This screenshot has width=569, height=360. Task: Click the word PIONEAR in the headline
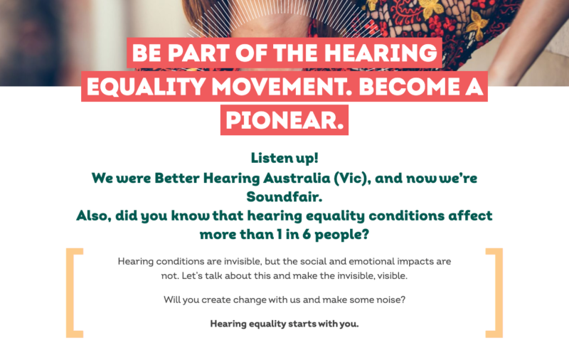tap(284, 120)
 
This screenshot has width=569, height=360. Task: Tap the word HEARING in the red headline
tap(381, 53)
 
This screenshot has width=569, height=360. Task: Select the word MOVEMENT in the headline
tap(282, 87)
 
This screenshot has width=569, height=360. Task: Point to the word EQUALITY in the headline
tap(147, 87)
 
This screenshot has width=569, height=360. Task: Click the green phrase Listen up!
tap(284, 158)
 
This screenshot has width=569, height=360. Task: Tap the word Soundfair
tap(284, 197)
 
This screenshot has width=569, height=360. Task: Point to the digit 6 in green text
tap(307, 235)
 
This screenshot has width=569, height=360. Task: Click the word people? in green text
tap(342, 235)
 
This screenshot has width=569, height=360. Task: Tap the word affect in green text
tap(470, 216)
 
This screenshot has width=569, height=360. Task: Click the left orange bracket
tap(75, 293)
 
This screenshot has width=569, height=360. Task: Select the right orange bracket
tap(494, 293)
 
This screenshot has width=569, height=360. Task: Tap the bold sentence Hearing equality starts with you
tap(284, 324)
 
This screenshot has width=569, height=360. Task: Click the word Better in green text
tap(177, 178)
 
